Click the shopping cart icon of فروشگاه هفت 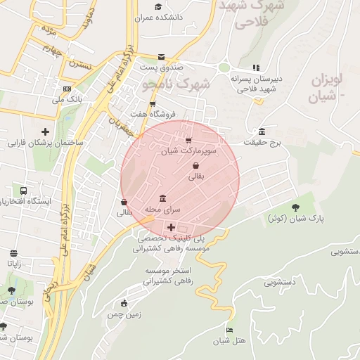153,104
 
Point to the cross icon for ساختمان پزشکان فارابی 46,131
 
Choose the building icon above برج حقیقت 262,131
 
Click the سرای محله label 163,210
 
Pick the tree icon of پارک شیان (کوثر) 296,206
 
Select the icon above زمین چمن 124,304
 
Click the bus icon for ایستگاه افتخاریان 24,191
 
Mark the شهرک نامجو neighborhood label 176,84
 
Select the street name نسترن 78,64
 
